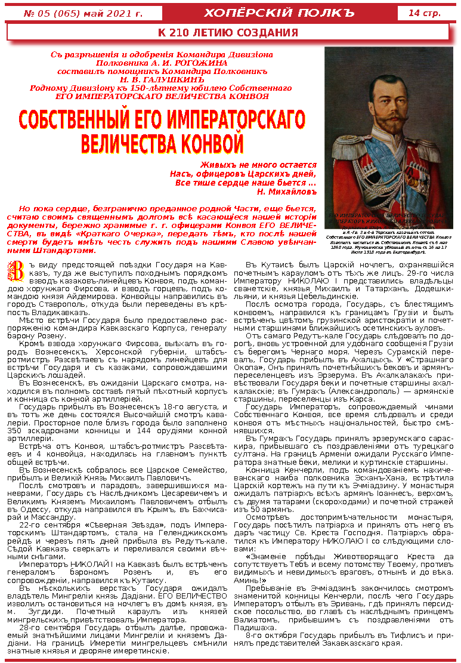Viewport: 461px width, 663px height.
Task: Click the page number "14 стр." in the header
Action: [425, 13]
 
